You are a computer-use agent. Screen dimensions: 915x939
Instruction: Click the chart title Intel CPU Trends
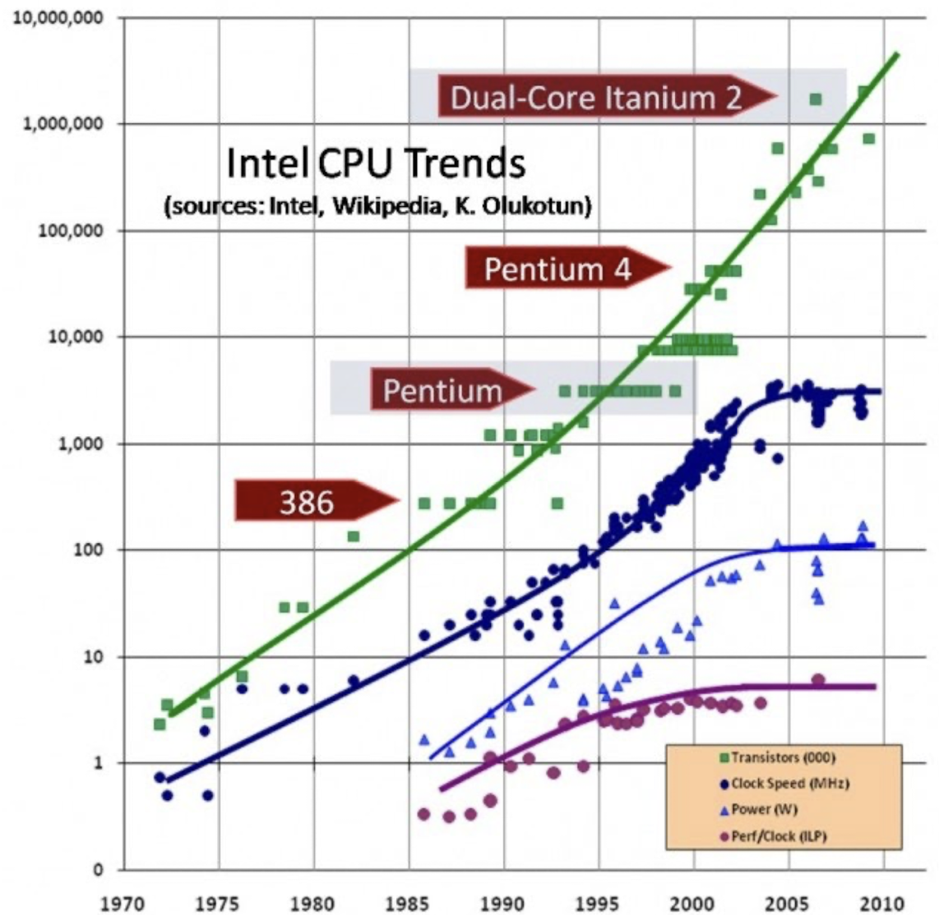tap(376, 163)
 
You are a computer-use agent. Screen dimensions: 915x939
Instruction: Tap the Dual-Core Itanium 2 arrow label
tap(596, 98)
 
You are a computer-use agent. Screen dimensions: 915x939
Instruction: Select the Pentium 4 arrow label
tap(558, 269)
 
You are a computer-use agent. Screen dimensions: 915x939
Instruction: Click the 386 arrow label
tap(308, 501)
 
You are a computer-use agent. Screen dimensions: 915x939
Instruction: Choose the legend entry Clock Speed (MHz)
tap(780, 784)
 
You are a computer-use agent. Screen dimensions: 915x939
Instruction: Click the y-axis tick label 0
tap(98, 870)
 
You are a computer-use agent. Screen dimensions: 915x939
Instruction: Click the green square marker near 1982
tap(353, 536)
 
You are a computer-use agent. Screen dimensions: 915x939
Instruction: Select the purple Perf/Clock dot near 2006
tap(817, 680)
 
